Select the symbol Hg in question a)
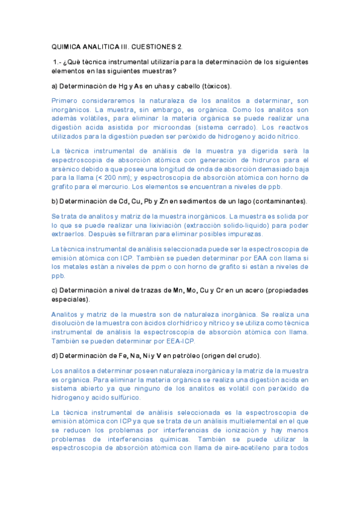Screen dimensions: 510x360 [x=123, y=85]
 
